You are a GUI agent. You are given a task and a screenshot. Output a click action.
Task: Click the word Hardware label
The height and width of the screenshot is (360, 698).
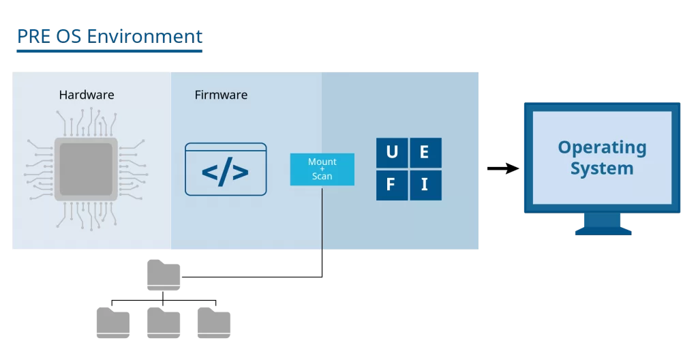[86, 95]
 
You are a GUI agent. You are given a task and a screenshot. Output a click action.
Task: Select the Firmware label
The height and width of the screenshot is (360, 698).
[221, 95]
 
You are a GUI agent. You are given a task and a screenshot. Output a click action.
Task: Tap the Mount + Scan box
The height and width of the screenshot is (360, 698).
[322, 169]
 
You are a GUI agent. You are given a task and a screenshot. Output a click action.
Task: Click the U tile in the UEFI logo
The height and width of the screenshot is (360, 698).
[392, 153]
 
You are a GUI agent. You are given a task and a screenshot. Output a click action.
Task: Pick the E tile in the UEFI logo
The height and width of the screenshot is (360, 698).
[425, 153]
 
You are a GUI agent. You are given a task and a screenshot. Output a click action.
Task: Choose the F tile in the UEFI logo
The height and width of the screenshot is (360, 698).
[392, 185]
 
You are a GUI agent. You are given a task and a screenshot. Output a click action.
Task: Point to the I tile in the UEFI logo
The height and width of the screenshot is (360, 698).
[425, 185]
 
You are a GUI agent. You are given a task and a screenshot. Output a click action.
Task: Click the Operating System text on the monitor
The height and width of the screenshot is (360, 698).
[602, 157]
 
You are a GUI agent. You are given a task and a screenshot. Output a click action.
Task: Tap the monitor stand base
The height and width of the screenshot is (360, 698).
[603, 231]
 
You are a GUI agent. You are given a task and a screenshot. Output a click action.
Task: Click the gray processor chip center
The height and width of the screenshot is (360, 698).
[86, 168]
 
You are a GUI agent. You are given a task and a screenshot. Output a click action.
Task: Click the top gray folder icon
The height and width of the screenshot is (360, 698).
[164, 275]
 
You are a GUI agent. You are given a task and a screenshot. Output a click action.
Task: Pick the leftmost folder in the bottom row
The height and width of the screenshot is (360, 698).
[113, 322]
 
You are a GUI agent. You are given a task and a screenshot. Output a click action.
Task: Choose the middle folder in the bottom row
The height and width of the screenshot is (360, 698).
[164, 322]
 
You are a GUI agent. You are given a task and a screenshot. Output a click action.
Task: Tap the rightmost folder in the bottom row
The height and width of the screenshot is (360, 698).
[214, 322]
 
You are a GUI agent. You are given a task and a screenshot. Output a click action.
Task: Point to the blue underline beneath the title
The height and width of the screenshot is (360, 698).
[109, 50]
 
